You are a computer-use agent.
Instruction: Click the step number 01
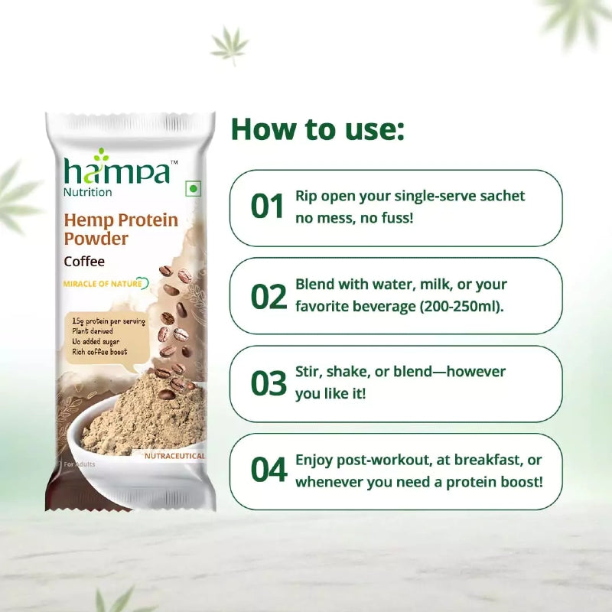[268, 207]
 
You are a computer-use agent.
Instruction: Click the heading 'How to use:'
[317, 129]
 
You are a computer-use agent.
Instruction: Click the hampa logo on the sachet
[117, 169]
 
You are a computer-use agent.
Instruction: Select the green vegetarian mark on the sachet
[194, 188]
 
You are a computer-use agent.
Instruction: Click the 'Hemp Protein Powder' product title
[121, 229]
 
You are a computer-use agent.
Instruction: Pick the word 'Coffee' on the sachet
[84, 260]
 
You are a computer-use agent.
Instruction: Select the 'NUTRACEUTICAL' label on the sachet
[174, 456]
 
